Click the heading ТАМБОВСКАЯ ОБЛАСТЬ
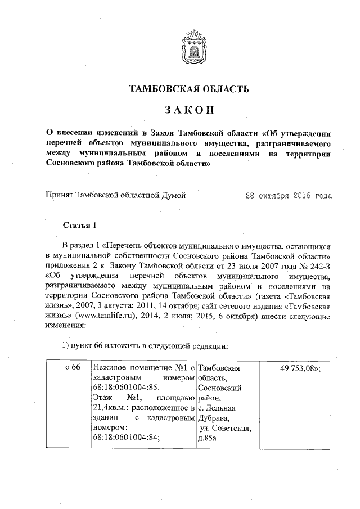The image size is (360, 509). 188,89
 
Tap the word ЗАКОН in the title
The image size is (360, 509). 188,110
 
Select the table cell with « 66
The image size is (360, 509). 74,368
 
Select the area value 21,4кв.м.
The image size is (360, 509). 110,408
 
